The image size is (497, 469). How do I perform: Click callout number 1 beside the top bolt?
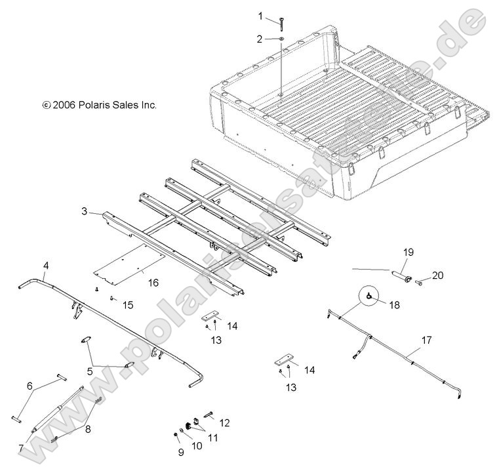[260, 15]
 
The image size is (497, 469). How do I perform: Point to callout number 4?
[45, 265]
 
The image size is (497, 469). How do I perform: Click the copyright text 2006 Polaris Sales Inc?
[99, 104]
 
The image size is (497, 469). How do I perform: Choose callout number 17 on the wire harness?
[427, 340]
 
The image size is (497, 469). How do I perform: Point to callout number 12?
[224, 423]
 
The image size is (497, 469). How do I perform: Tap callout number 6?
[28, 386]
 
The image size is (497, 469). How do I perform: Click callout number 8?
[87, 428]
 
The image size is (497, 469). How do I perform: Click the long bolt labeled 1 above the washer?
[281, 21]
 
